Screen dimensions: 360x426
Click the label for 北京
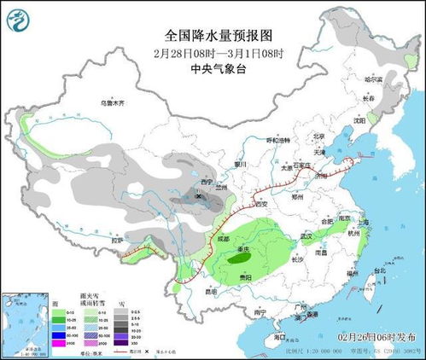pos(319,136)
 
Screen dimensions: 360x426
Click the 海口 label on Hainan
pos(281,338)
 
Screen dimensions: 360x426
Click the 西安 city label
pos(262,205)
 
